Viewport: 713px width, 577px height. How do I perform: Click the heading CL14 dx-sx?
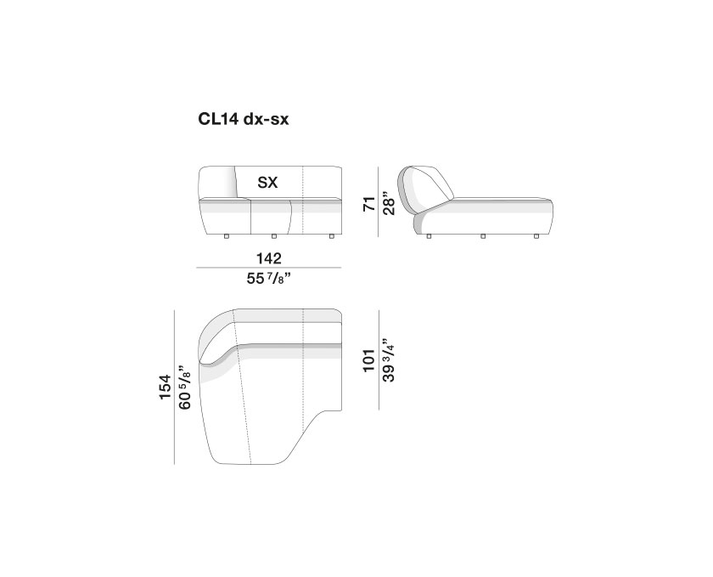tap(244, 121)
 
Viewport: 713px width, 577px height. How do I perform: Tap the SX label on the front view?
tap(268, 182)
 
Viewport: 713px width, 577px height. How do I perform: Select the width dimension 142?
tap(268, 257)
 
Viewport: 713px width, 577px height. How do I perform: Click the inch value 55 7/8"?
tap(268, 280)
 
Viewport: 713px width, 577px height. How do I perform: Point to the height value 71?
tap(368, 204)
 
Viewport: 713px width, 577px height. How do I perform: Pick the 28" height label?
tap(390, 204)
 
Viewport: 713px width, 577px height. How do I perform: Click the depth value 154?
tap(166, 387)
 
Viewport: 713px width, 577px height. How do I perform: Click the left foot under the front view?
tap(227, 235)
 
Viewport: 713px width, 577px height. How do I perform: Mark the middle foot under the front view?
tap(273, 235)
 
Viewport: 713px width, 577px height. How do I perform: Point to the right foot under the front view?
tap(328, 235)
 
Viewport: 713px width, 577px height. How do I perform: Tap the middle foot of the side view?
tap(483, 235)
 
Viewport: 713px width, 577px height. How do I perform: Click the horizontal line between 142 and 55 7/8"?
tap(268, 269)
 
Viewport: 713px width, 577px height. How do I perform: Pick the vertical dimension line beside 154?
tap(175, 387)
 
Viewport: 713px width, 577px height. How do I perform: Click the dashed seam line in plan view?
tap(245, 399)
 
